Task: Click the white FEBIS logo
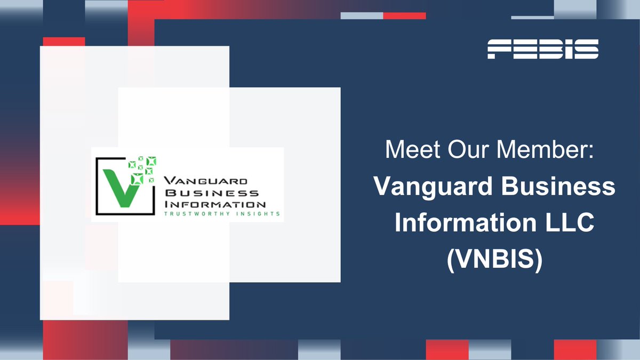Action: [543, 49]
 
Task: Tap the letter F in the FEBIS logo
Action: [499, 49]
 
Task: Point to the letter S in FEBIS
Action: [586, 49]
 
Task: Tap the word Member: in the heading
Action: [545, 150]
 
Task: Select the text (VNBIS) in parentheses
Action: [494, 260]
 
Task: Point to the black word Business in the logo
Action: [212, 193]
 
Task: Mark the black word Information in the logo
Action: [215, 204]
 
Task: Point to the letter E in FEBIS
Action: [523, 49]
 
